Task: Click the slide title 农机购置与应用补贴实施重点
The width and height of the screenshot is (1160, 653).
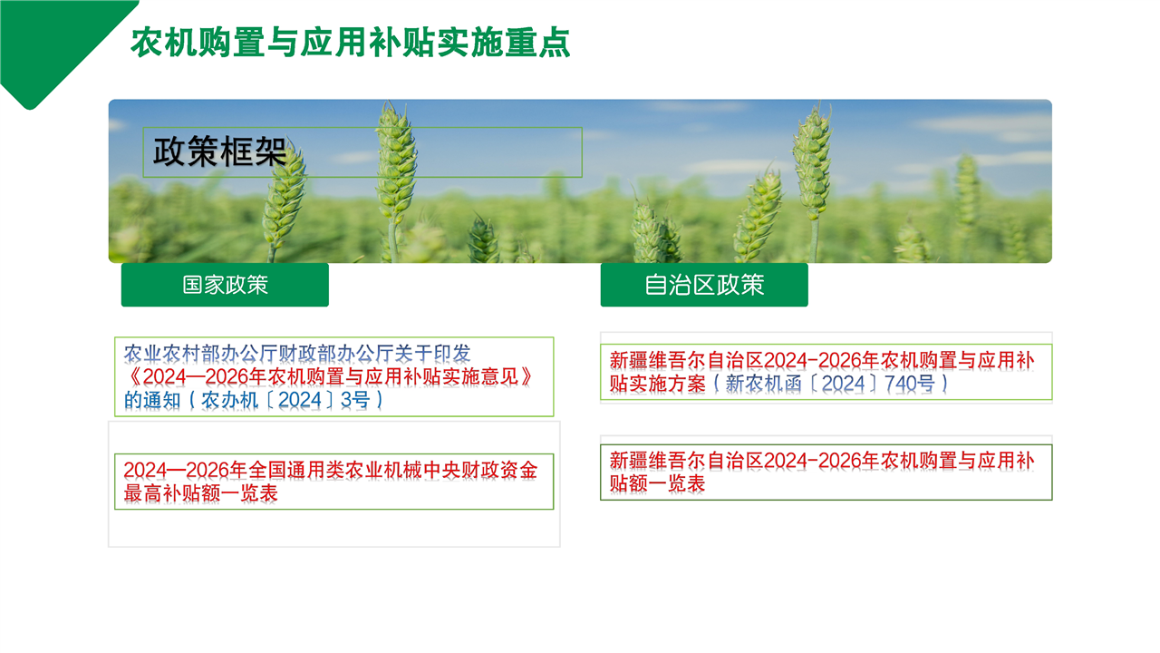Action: [350, 42]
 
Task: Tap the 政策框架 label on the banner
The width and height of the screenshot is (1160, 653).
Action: [219, 151]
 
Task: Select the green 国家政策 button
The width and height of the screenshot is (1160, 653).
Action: [225, 285]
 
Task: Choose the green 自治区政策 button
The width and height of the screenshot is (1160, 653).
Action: [704, 285]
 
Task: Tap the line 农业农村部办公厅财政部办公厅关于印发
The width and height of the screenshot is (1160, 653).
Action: [297, 354]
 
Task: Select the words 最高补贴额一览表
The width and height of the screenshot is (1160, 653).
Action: [201, 493]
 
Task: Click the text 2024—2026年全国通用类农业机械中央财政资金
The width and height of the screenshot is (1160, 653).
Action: [331, 470]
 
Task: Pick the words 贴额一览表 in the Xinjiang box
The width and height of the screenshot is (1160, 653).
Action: [657, 483]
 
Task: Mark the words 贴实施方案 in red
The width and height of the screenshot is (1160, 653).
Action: [657, 384]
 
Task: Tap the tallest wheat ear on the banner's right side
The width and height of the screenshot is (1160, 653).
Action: [814, 161]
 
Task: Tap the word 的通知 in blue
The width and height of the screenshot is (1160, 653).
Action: [152, 400]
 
